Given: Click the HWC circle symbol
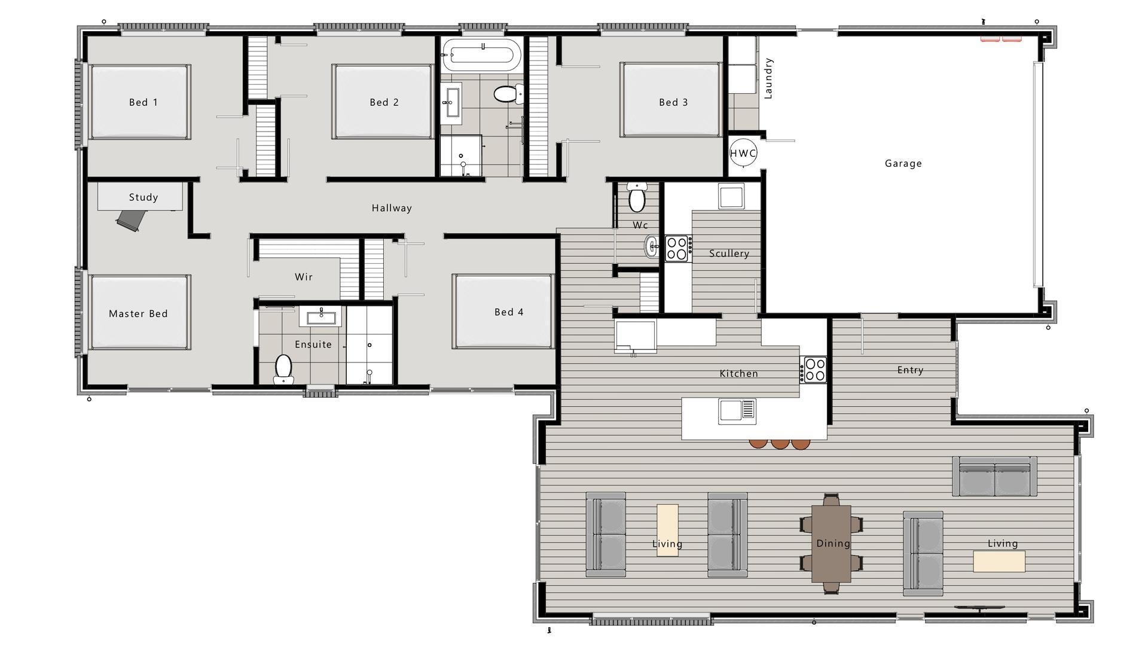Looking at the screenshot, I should click(x=743, y=153).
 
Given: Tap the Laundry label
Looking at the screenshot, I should click(x=769, y=78).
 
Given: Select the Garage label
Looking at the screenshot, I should click(x=903, y=163).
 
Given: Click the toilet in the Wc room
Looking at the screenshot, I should click(x=637, y=199).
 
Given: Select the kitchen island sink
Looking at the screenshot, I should click(x=737, y=410).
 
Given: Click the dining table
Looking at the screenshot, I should click(x=831, y=543).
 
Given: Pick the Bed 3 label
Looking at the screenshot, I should click(x=673, y=102).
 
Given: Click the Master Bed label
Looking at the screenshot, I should click(x=138, y=313).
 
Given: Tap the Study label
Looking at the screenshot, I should click(x=143, y=197).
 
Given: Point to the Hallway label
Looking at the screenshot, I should click(x=392, y=208).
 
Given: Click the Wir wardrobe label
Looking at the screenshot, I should click(x=304, y=277).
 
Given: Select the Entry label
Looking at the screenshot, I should click(x=910, y=370).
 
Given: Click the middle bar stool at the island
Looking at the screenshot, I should click(x=780, y=443).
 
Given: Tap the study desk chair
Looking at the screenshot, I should click(x=130, y=220).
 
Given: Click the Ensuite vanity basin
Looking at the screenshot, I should click(x=321, y=316).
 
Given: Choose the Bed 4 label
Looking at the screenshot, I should click(x=509, y=312).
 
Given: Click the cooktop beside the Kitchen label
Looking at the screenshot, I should click(x=814, y=369).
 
